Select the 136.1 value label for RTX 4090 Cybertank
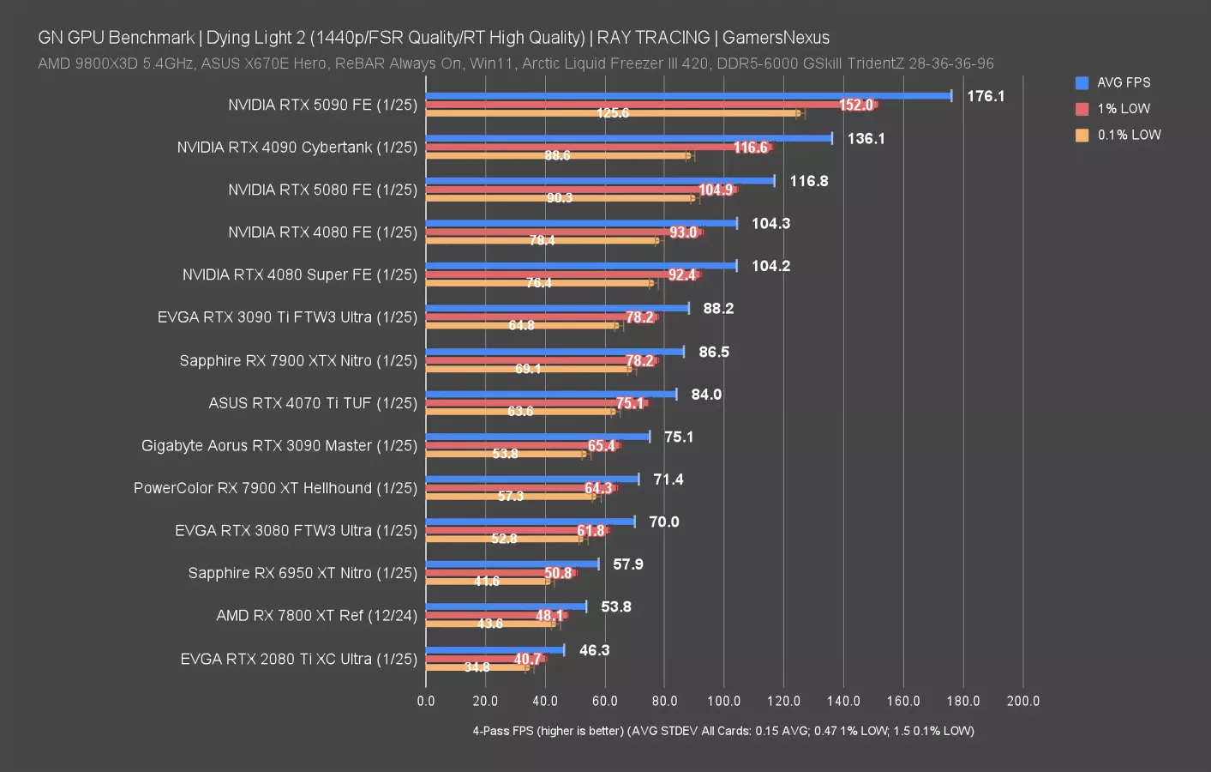pos(866,139)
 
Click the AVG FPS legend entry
pos(1123,83)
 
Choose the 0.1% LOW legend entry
pos(1128,136)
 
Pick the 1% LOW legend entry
pos(1123,109)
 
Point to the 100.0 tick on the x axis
pos(723,701)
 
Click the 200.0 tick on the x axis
pos(1022,701)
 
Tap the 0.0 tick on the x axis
pos(426,701)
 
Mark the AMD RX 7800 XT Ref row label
pos(316,616)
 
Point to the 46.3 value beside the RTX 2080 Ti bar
pos(594,650)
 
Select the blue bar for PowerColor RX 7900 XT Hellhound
pos(531,479)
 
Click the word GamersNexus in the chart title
pos(776,38)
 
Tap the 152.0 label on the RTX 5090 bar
pos(855,106)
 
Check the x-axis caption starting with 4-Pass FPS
pos(722,731)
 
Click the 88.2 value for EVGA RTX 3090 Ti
pos(718,309)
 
